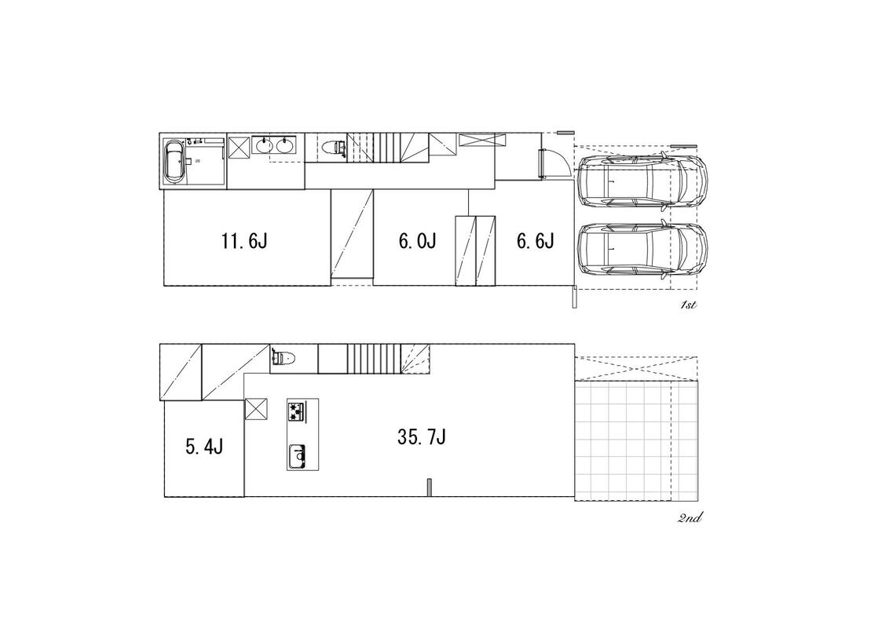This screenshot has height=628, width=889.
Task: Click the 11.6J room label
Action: click(x=243, y=242)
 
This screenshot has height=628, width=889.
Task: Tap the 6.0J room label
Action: click(x=417, y=242)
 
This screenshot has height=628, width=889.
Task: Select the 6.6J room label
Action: click(x=536, y=242)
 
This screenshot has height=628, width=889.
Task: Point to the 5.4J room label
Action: click(x=204, y=447)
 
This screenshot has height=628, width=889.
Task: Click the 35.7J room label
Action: click(x=421, y=437)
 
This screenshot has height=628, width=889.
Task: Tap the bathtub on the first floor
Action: click(x=174, y=161)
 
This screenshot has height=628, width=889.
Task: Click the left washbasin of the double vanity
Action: click(x=263, y=146)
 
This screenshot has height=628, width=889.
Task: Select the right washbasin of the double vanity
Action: click(x=284, y=146)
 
